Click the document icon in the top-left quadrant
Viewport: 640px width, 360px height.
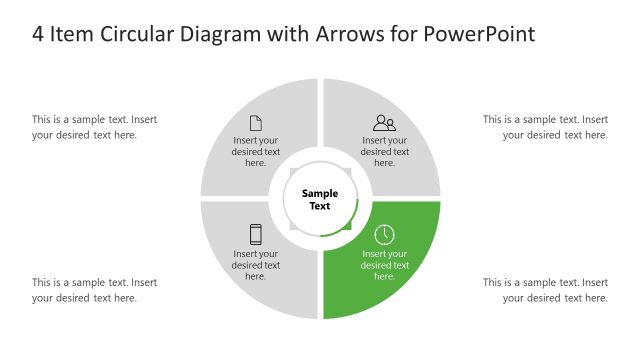point(256,123)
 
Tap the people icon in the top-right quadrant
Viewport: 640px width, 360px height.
point(384,123)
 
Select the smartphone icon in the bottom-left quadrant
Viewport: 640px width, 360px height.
point(256,234)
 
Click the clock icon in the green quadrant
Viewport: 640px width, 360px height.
point(384,234)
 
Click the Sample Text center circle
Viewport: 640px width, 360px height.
point(320,200)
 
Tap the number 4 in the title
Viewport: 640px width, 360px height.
point(38,34)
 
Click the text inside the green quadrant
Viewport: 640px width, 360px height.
point(385,265)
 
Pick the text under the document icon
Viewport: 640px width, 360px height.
point(256,152)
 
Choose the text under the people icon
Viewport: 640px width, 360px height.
point(385,152)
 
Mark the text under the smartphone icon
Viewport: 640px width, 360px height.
point(256,265)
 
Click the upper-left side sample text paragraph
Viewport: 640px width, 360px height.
point(94,127)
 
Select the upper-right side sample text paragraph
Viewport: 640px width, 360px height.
point(545,127)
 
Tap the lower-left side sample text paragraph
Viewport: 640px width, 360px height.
point(94,290)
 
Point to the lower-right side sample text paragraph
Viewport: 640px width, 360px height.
point(545,290)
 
